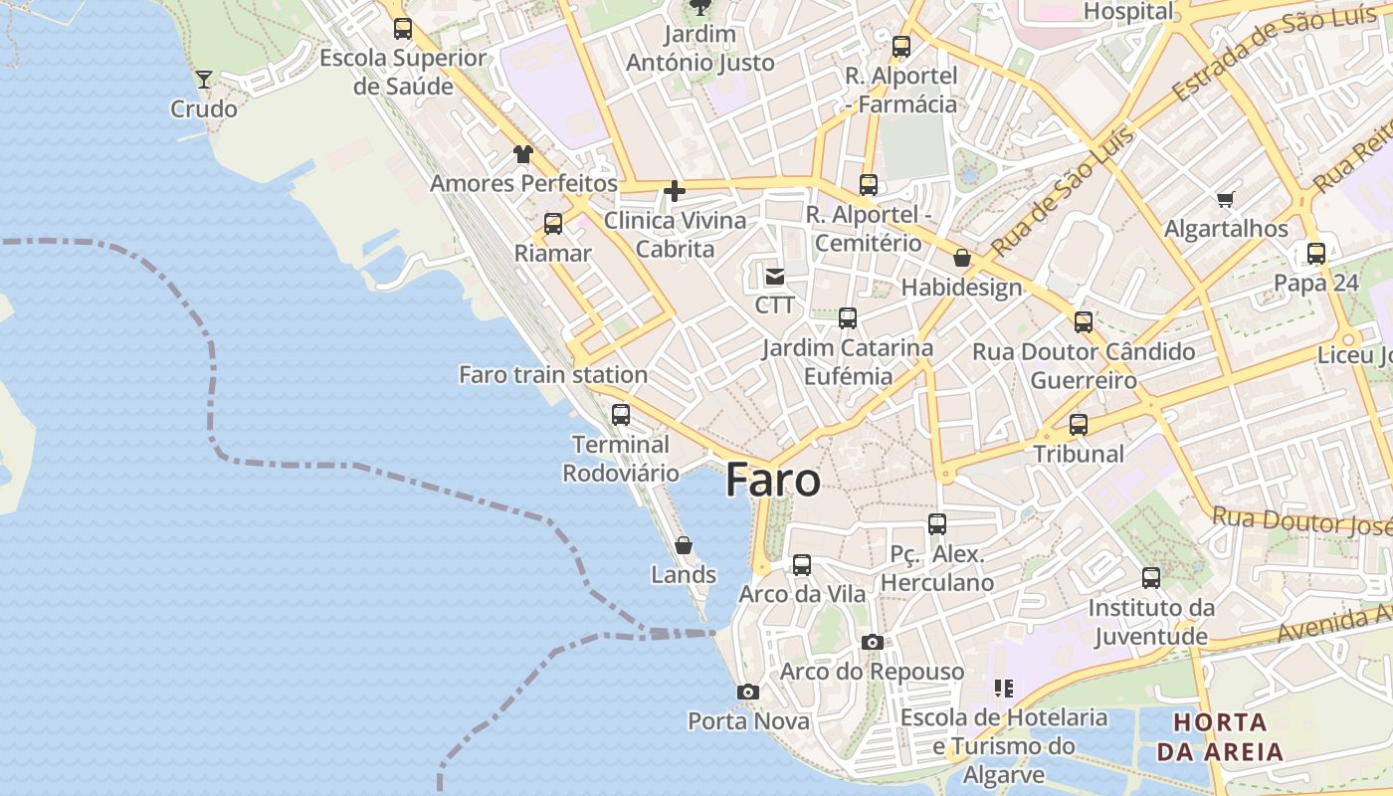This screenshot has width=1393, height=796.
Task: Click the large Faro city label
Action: point(773,481)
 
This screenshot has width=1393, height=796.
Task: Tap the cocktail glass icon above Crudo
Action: point(204,80)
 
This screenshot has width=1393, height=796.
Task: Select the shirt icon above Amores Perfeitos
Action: point(523,154)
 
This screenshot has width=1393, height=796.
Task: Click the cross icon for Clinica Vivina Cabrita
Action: point(675,191)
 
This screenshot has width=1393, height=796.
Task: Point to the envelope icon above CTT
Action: point(775,276)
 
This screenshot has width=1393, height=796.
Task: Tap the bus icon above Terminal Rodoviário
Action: point(621,415)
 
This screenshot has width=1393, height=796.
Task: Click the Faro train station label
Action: point(553,375)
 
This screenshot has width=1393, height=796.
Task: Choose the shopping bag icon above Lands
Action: point(684,545)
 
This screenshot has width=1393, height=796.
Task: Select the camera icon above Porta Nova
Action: point(748,692)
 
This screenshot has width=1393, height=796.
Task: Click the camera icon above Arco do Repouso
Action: point(873,642)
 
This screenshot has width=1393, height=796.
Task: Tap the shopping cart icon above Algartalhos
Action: point(1226,199)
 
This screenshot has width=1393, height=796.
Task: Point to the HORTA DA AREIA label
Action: point(1220,736)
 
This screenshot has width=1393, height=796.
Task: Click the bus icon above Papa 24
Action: point(1316,254)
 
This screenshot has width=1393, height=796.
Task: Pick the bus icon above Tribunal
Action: point(1079,425)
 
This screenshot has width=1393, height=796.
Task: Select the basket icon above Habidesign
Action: point(962,258)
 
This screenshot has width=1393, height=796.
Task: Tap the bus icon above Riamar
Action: point(553,224)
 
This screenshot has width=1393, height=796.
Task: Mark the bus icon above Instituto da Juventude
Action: point(1151,578)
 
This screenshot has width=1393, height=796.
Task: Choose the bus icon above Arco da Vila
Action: point(802,565)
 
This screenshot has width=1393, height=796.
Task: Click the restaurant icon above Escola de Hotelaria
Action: point(1003,689)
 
